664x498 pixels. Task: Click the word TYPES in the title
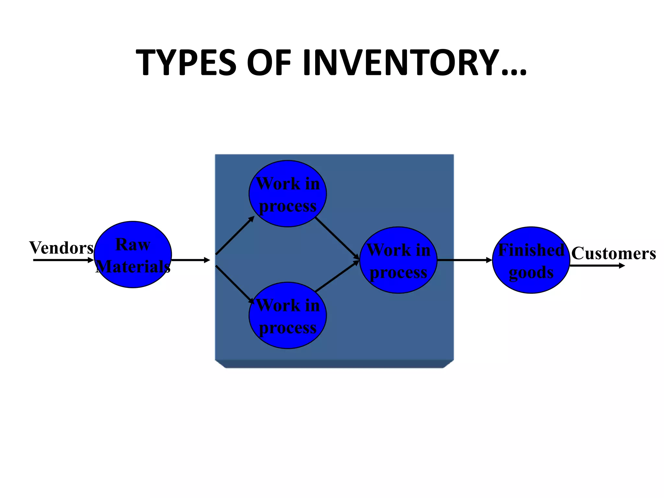click(186, 63)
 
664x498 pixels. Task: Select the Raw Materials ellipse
click(133, 255)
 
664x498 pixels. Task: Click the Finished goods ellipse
click(531, 260)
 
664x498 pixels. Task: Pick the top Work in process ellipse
click(288, 194)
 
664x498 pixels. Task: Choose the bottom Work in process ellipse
click(288, 315)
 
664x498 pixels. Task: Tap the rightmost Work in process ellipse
click(398, 260)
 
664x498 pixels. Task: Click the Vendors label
click(61, 248)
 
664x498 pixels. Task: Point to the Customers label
click(613, 253)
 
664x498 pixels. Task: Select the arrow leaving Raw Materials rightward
click(191, 260)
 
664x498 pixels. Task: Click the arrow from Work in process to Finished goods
click(465, 260)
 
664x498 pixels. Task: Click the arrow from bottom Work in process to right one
click(337, 276)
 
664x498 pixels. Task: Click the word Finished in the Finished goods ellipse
click(531, 250)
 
